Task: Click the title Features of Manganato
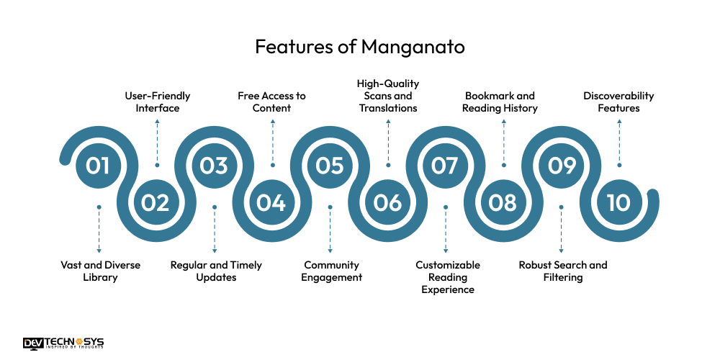pyautogui.click(x=359, y=48)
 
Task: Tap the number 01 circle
pyautogui.click(x=99, y=166)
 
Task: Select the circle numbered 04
pyautogui.click(x=271, y=203)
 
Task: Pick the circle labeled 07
pyautogui.click(x=445, y=166)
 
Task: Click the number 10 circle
pyautogui.click(x=618, y=203)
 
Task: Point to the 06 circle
pyautogui.click(x=387, y=203)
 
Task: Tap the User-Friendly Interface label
pyautogui.click(x=157, y=102)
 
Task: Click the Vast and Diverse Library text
pyautogui.click(x=100, y=271)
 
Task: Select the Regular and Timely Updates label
pyautogui.click(x=216, y=271)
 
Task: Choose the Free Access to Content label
pyautogui.click(x=272, y=102)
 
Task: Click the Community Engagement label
pyautogui.click(x=331, y=271)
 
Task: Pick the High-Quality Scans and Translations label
pyautogui.click(x=388, y=96)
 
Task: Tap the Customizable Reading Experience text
pyautogui.click(x=447, y=277)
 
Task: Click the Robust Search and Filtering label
pyautogui.click(x=563, y=271)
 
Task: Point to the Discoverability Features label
pyautogui.click(x=618, y=102)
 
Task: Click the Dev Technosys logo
pyautogui.click(x=63, y=343)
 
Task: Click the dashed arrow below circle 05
pyautogui.click(x=330, y=230)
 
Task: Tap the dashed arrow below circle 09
pyautogui.click(x=561, y=230)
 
